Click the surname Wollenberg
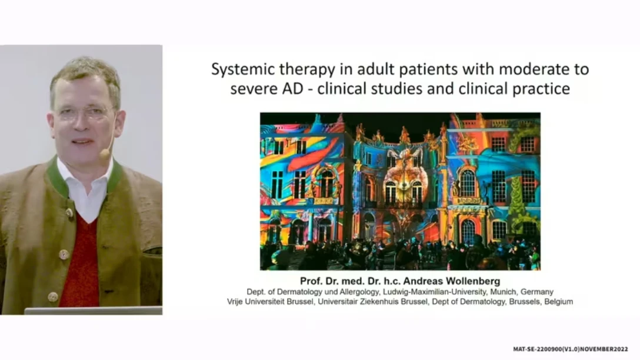coord(473,281)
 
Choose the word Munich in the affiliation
coord(504,292)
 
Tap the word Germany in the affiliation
coord(536,292)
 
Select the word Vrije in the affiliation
coord(235,302)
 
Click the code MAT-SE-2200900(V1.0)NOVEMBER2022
coord(571,349)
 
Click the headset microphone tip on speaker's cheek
coord(105,154)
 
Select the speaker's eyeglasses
coord(84,114)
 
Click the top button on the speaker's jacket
coord(69,213)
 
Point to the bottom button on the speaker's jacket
coord(53,296)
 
